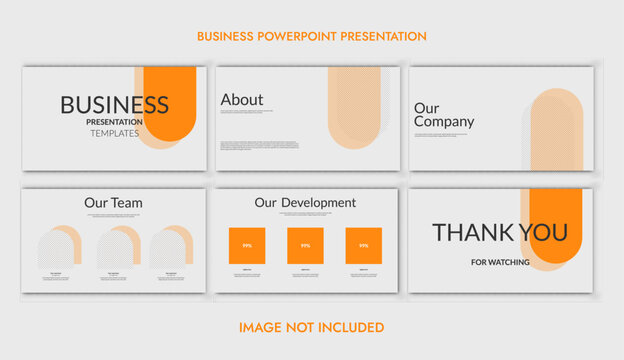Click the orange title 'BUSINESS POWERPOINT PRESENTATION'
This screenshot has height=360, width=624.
(x=311, y=36)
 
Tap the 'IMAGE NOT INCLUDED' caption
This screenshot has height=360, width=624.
(x=311, y=327)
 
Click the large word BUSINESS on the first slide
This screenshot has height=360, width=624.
(x=114, y=104)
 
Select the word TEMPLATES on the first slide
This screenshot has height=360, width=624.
(x=115, y=133)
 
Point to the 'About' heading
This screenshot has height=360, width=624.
(x=242, y=100)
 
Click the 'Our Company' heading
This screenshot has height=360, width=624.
(x=444, y=115)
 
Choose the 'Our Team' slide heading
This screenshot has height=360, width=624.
(x=113, y=203)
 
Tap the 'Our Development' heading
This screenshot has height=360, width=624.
(x=305, y=203)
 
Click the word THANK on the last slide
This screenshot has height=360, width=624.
(x=474, y=232)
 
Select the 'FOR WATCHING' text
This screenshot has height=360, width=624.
(x=500, y=262)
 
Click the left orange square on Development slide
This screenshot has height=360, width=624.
(x=246, y=245)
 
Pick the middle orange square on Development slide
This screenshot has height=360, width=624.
(x=305, y=245)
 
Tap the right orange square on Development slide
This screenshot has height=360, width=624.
(x=363, y=245)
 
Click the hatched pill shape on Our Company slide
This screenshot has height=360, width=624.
(x=556, y=130)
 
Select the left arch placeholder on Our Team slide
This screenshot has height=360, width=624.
(x=57, y=248)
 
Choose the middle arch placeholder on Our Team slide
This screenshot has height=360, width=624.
(x=115, y=248)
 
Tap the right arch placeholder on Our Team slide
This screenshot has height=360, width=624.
(x=170, y=248)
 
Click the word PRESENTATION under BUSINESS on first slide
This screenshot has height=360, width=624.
(x=114, y=122)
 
